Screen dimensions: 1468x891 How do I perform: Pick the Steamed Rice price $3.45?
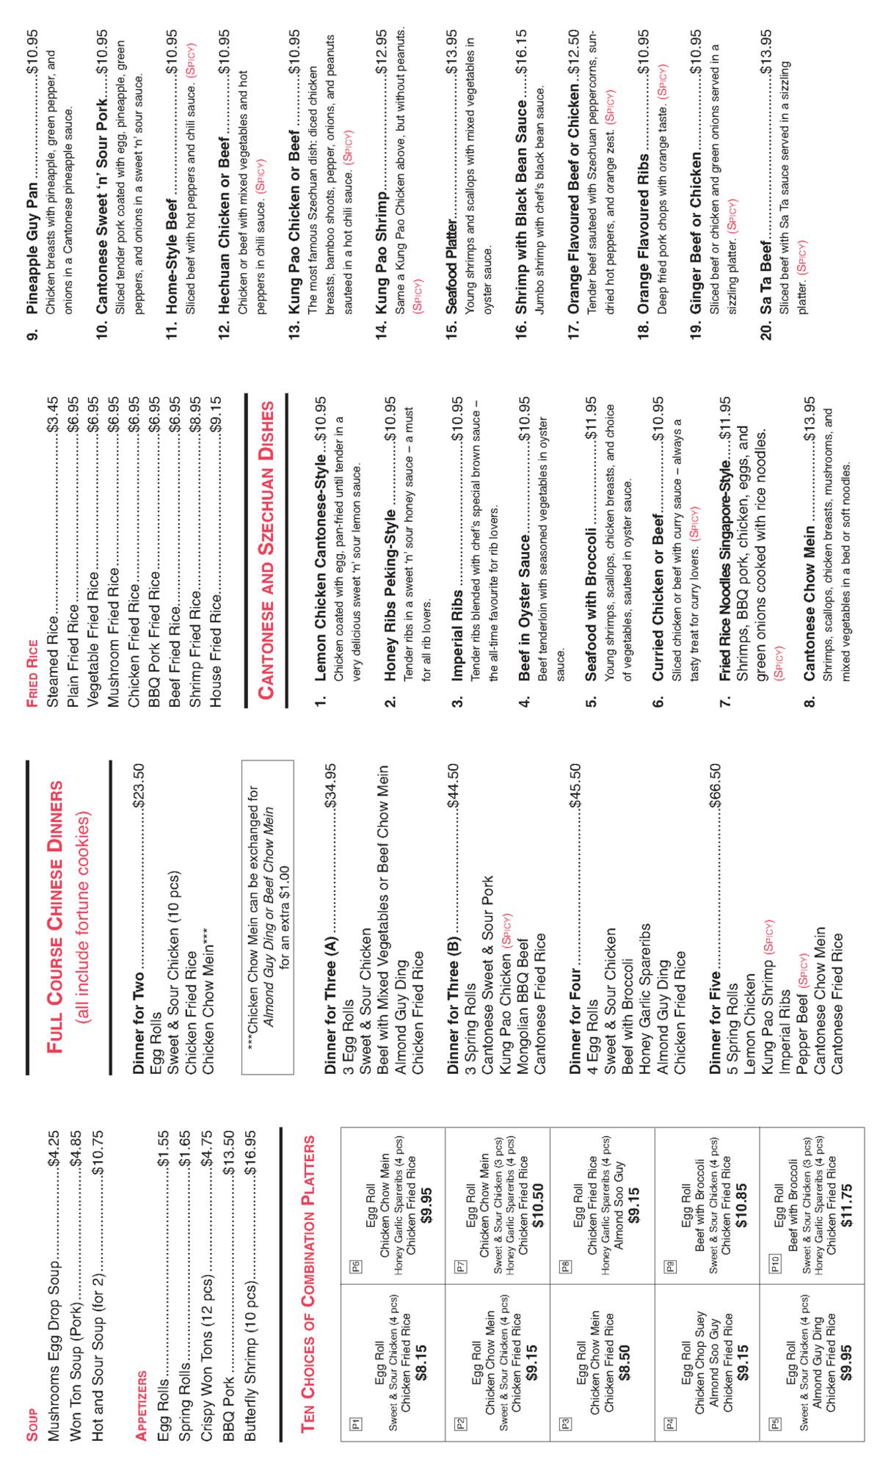coord(52,418)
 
